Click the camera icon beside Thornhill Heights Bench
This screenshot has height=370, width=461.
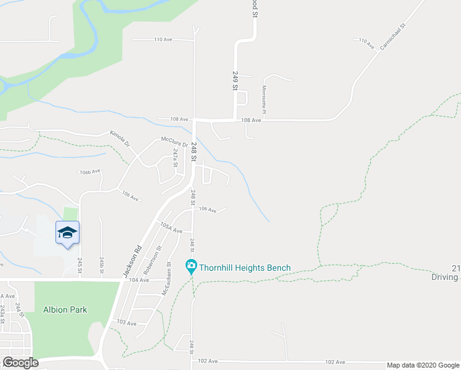tap(191, 268)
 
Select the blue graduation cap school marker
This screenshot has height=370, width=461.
tap(67, 232)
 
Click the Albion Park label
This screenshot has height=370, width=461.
tap(65, 309)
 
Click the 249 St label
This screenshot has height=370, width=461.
tap(235, 81)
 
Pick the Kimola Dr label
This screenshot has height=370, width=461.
tap(120, 137)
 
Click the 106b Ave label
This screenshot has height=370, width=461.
tap(89, 172)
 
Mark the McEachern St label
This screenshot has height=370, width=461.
tap(165, 280)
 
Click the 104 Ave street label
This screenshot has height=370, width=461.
tap(140, 280)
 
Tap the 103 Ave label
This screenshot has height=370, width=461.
tap(126, 323)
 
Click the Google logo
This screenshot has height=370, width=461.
tap(20, 362)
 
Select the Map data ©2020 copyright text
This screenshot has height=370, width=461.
tap(422, 365)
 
